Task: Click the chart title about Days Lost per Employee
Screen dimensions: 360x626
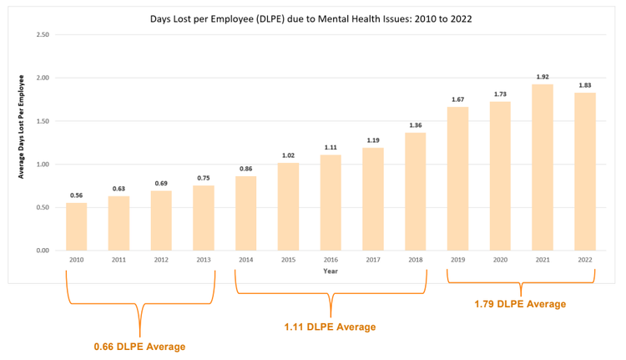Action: coord(311,18)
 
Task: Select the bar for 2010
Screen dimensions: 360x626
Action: coord(77,226)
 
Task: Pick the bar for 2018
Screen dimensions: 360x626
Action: coord(416,191)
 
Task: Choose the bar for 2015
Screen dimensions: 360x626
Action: coord(288,206)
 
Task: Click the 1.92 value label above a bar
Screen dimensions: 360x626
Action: coord(543,76)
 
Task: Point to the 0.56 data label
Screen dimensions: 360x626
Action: coord(77,195)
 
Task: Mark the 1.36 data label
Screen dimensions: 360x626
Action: coord(416,125)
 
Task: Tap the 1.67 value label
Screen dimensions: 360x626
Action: coord(457,99)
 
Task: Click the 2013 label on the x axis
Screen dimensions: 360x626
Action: coord(204,260)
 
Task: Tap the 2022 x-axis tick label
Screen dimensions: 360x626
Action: coord(584,260)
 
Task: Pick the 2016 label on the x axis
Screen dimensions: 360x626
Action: coord(331,260)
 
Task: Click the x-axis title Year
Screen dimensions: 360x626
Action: coord(331,271)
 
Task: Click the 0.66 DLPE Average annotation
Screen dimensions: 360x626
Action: coord(139,346)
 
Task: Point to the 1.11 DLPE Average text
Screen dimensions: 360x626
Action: coord(330,327)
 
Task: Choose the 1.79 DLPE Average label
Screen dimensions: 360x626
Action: coord(520,304)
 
